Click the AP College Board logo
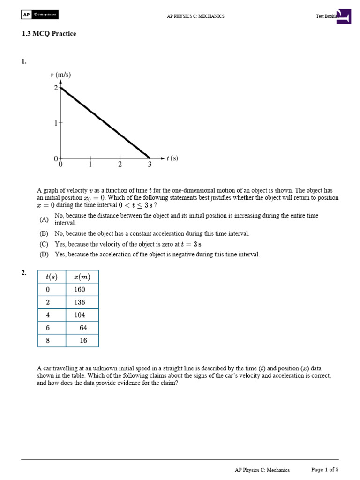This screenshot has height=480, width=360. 40,15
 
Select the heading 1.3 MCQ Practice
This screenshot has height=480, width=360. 49,34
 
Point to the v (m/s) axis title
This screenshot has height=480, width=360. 60,75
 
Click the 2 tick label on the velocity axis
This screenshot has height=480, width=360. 55,88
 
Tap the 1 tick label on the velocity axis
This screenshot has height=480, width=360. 55,123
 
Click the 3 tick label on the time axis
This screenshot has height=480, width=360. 150,165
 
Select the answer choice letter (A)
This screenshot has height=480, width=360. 44,219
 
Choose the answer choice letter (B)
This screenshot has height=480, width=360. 44,233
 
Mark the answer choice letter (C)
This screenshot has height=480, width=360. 44,244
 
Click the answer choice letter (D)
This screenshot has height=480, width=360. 44,255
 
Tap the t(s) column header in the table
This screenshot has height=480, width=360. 51,277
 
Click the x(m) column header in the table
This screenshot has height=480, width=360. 82,277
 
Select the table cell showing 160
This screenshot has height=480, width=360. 80,290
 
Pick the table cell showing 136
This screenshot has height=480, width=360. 80,302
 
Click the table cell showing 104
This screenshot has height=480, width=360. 80,315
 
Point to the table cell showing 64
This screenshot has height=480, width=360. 83,328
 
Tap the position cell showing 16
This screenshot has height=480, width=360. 83,340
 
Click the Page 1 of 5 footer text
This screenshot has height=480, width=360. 325,470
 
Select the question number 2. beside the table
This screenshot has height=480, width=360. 24,273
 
